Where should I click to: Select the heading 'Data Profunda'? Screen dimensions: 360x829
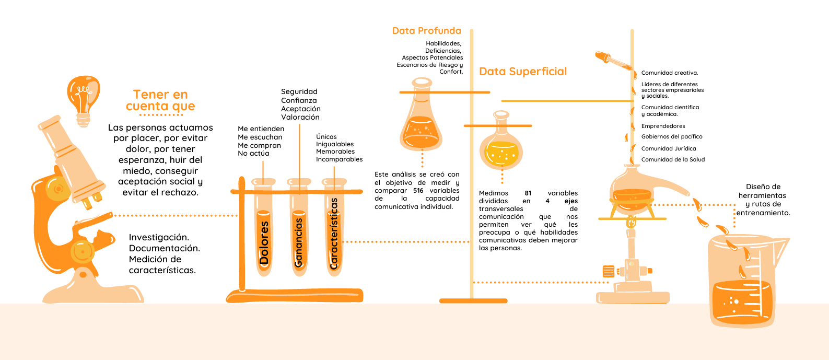click(426, 31)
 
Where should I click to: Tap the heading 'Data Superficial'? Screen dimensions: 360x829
click(523, 72)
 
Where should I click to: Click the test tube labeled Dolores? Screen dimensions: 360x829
click(264, 230)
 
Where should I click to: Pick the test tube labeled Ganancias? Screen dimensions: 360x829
click(299, 230)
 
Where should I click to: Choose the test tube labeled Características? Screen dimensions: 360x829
click(334, 230)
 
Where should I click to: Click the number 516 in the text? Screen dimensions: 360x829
click(418, 191)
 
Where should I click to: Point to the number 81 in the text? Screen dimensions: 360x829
click(528, 193)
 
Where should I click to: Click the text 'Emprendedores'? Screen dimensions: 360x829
click(663, 126)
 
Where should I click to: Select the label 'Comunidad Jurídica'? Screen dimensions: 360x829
click(669, 148)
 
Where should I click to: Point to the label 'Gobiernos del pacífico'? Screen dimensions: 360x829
click(672, 137)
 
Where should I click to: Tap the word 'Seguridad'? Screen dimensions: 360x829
click(299, 92)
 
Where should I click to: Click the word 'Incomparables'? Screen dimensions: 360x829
click(339, 159)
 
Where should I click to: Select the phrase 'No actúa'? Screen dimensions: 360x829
click(253, 154)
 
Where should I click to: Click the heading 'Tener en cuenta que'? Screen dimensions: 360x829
click(160, 100)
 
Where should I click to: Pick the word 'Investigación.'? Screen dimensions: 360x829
click(159, 237)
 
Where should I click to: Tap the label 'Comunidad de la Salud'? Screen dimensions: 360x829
click(673, 160)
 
